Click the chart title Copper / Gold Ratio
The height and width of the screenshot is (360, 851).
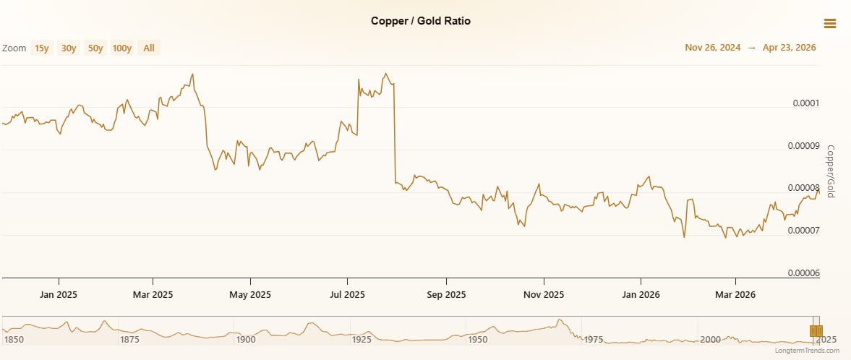(x=420, y=21)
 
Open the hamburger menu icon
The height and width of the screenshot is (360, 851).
(x=829, y=23)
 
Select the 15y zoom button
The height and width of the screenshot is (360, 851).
(x=41, y=48)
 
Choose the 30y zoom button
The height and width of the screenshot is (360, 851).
(x=69, y=48)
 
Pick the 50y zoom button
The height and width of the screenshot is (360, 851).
(x=95, y=48)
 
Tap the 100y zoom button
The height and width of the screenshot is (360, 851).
(x=122, y=48)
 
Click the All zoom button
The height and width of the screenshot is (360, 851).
(x=149, y=48)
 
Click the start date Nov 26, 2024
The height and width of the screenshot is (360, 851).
(x=712, y=48)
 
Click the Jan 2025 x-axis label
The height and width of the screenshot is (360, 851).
(x=59, y=295)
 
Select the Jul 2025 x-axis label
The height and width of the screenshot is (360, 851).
(x=347, y=295)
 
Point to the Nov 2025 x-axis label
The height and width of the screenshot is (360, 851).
(x=543, y=295)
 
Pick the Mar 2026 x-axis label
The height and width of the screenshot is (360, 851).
(x=735, y=295)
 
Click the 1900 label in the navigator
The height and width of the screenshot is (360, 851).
(x=246, y=339)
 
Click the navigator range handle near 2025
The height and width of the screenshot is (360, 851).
(x=816, y=331)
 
